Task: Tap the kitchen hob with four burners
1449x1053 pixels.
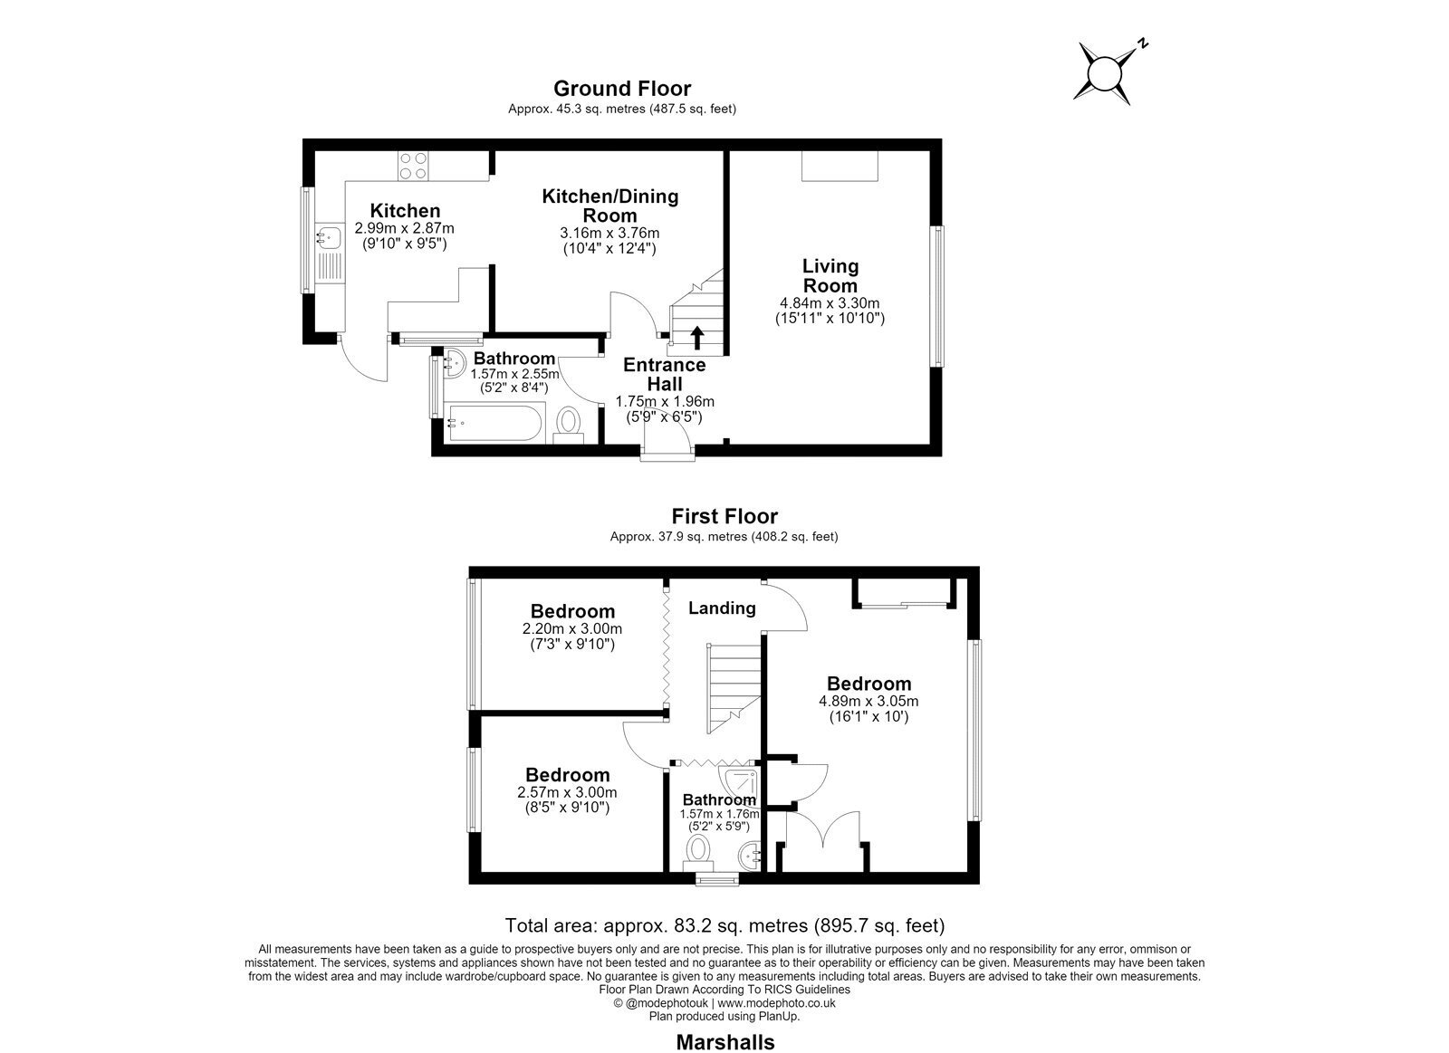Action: (x=413, y=165)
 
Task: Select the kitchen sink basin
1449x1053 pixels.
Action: (x=329, y=236)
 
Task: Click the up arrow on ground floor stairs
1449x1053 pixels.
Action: (x=696, y=339)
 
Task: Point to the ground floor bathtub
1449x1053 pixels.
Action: (x=495, y=423)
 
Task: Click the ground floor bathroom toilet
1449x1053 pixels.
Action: (x=569, y=425)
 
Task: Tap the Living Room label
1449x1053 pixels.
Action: (x=830, y=275)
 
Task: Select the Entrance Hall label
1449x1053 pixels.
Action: (x=665, y=374)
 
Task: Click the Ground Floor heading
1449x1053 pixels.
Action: (x=621, y=88)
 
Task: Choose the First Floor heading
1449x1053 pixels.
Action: (x=724, y=516)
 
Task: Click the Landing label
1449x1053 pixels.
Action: (x=722, y=608)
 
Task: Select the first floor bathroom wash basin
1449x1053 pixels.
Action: (x=750, y=857)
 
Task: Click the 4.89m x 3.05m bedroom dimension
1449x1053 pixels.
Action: (x=868, y=701)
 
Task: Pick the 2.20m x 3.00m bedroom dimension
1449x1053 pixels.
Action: (x=572, y=628)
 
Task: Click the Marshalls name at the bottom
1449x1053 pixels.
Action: (x=725, y=1042)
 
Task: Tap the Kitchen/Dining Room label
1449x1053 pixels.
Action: (x=610, y=206)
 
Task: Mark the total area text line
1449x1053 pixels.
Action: (x=724, y=925)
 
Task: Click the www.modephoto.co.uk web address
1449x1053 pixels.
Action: (x=776, y=1003)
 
